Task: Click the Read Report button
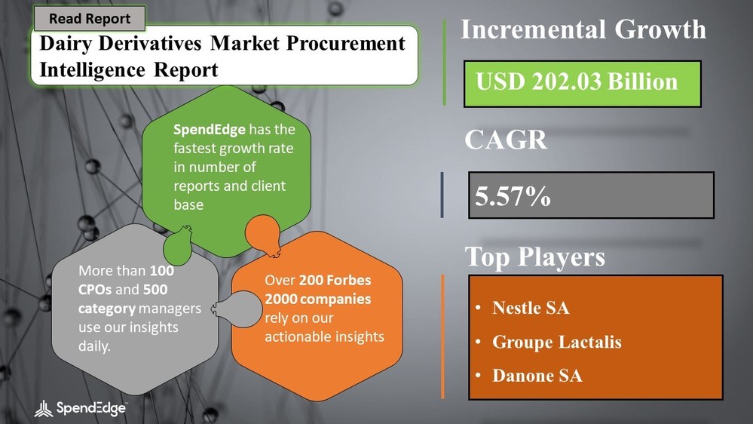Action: pyautogui.click(x=90, y=19)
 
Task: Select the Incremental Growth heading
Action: pyautogui.click(x=583, y=29)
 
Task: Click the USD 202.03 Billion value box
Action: pyautogui.click(x=577, y=81)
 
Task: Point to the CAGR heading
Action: pyautogui.click(x=504, y=140)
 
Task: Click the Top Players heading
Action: pyautogui.click(x=534, y=257)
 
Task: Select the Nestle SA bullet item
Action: pyautogui.click(x=530, y=308)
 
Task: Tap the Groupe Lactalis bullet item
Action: pyautogui.click(x=556, y=342)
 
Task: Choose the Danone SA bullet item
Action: pyautogui.click(x=537, y=375)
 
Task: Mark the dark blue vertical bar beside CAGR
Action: pyautogui.click(x=442, y=195)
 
